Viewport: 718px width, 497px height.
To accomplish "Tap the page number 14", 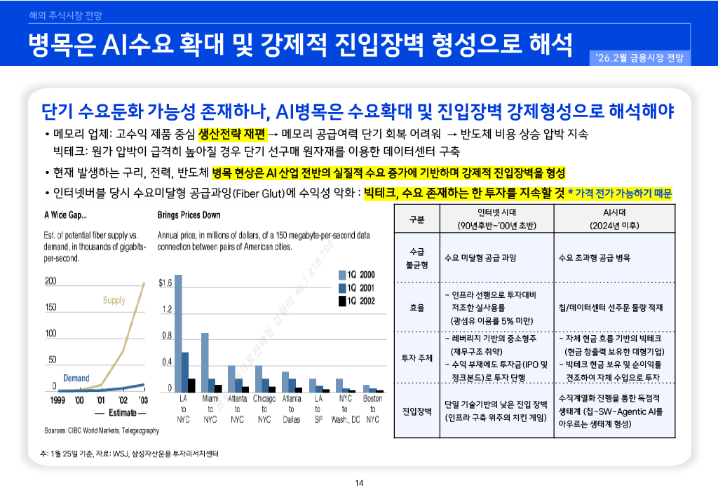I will coord(359,482).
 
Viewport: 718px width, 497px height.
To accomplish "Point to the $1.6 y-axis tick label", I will coord(165,283).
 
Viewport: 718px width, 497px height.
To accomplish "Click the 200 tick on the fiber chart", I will coord(50,281).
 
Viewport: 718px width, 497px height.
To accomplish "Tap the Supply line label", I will coord(114,300).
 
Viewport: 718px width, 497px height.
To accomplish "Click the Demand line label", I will coord(76,378).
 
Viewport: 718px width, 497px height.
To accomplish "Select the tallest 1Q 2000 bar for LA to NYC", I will coord(177,332).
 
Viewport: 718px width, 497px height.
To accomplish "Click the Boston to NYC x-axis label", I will coord(373,409).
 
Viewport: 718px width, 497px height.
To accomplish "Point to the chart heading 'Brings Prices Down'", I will coord(189,215).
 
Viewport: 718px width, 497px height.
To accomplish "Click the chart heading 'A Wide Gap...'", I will coord(66,215).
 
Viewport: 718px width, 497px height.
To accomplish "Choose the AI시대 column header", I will coord(614,219).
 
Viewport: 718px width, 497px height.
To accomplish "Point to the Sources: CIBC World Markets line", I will coord(102,430).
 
